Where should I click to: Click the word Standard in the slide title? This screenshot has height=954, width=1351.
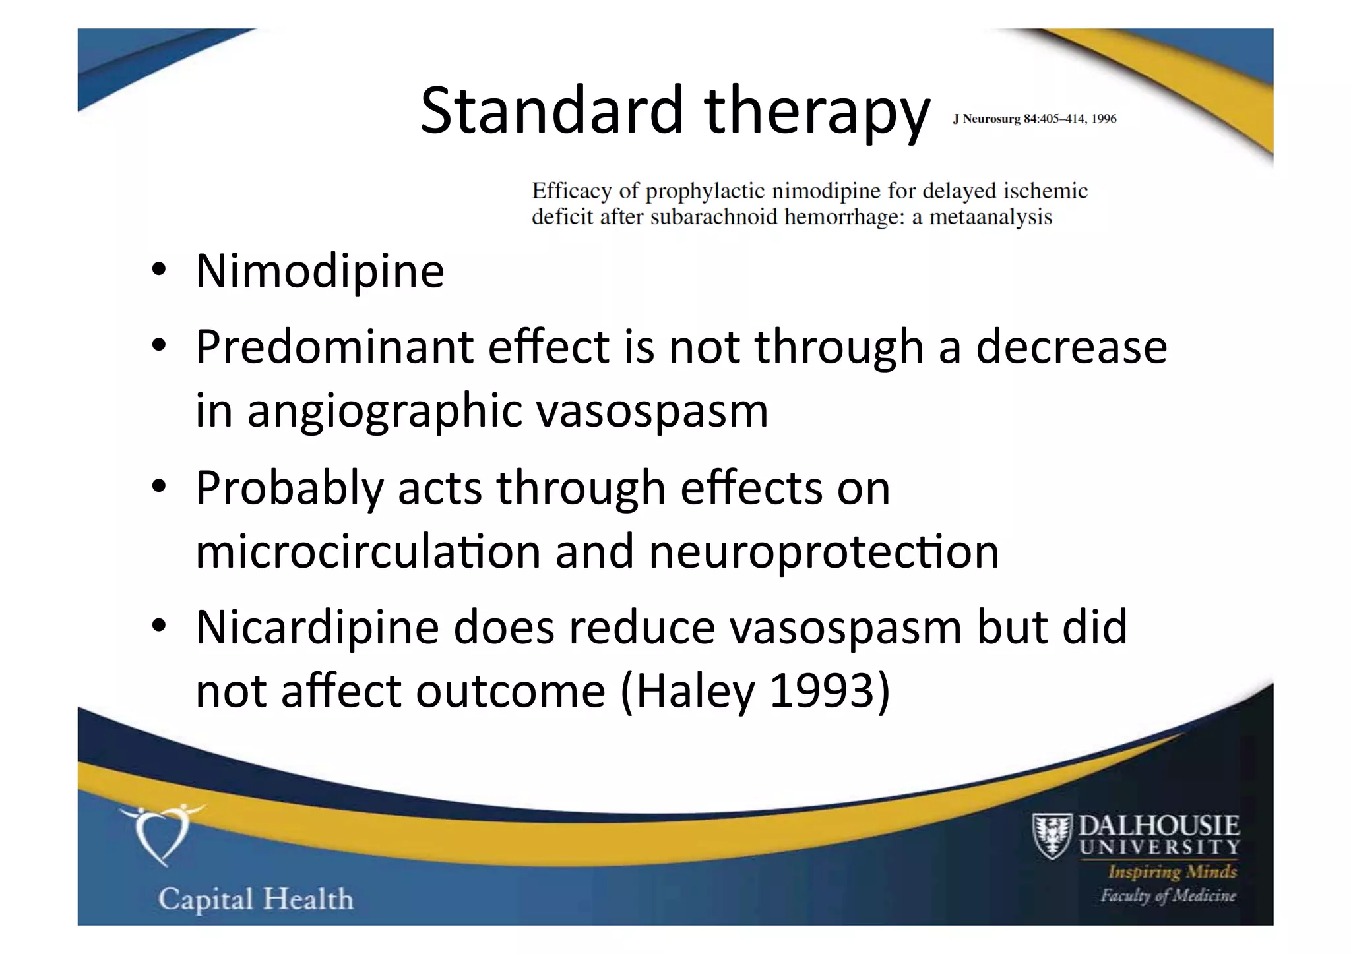point(551,110)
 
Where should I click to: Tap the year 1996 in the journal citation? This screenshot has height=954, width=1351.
point(1104,119)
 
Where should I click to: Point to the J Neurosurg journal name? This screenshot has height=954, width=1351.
point(986,119)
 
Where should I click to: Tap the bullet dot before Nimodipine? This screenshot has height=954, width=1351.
point(158,270)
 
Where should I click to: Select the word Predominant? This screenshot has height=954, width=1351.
point(334,347)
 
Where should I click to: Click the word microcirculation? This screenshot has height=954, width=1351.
point(368,551)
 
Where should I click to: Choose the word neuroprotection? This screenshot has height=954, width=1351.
point(824,551)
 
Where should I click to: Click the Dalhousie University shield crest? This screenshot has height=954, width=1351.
point(1052,835)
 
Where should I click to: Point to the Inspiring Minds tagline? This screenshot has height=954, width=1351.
point(1172,872)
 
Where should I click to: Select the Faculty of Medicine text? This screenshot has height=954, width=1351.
point(1168,895)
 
